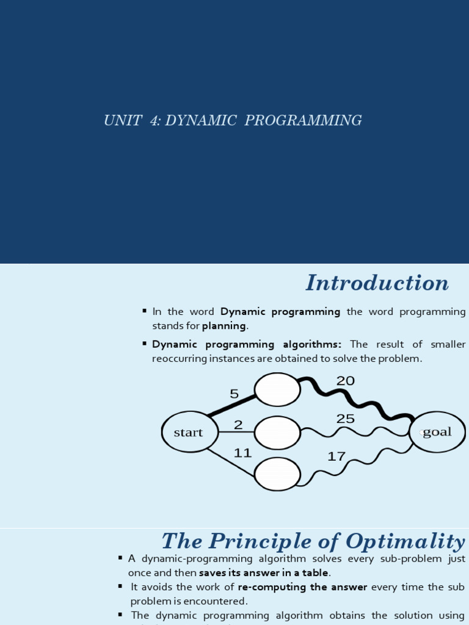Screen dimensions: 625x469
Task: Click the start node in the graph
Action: click(190, 432)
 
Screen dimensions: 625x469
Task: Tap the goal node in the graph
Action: click(437, 432)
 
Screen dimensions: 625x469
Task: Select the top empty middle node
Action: click(277, 389)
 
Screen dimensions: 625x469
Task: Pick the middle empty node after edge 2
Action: click(277, 432)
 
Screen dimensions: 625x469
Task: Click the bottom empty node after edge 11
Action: click(277, 474)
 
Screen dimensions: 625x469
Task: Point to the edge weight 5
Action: click(234, 394)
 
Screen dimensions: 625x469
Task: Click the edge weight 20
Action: click(345, 381)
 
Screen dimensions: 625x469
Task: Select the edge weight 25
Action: click(345, 419)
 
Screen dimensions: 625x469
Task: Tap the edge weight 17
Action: click(336, 456)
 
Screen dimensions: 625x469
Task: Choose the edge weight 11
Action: click(243, 453)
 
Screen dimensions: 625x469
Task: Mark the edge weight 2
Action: click(238, 425)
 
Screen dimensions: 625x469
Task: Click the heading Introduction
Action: click(377, 283)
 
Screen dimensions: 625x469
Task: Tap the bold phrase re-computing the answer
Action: click(302, 587)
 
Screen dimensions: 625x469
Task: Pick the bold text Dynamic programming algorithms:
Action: click(247, 344)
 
